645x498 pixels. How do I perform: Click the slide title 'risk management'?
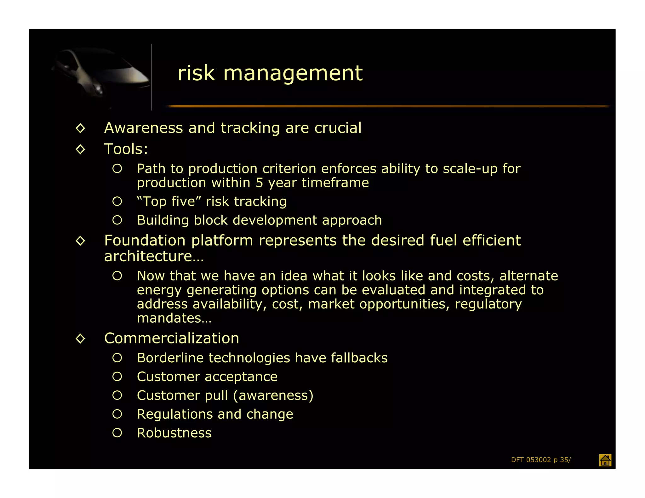coord(270,73)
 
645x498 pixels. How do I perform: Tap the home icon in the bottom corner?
coord(605,460)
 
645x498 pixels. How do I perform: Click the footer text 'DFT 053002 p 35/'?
coord(541,460)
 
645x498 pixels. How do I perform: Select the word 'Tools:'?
coord(126,149)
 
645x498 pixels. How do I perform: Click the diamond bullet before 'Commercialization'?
coord(81,339)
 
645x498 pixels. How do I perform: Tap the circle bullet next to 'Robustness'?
coord(117,433)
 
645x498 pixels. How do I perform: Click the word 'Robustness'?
coord(174,433)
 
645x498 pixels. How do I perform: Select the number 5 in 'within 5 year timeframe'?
coord(259,183)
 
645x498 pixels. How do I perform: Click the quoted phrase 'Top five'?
coord(169,201)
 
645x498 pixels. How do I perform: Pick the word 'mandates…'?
coord(174,318)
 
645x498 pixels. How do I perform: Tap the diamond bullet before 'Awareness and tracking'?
coord(81,128)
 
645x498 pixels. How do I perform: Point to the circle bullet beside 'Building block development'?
coord(117,220)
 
